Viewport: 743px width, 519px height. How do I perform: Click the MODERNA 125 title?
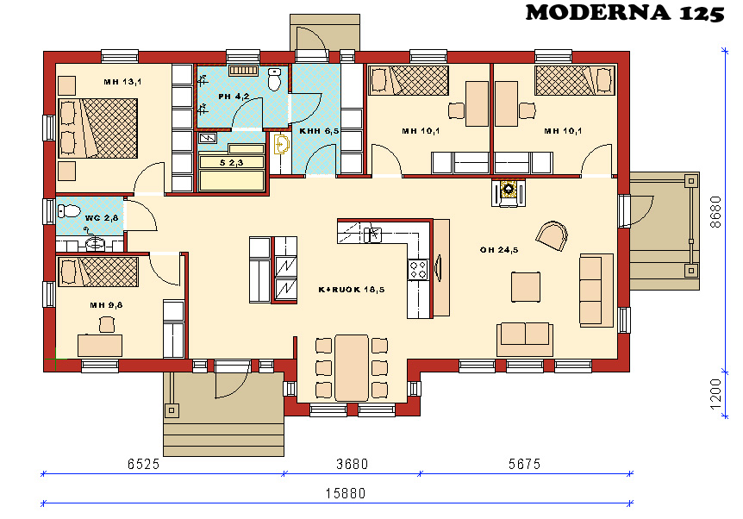[x=625, y=13]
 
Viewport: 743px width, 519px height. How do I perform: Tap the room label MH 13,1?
[x=122, y=82]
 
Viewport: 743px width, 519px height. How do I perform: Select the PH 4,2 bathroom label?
[x=234, y=97]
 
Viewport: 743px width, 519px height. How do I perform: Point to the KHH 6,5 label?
[x=319, y=131]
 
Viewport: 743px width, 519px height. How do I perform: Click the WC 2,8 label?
[x=102, y=218]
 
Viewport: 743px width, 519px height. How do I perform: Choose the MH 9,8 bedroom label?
[x=106, y=305]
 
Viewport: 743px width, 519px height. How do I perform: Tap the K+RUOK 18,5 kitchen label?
[x=352, y=290]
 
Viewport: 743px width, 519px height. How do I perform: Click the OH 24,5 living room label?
[x=499, y=250]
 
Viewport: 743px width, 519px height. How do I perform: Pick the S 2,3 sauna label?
[x=231, y=163]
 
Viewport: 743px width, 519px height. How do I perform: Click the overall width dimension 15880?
[x=346, y=494]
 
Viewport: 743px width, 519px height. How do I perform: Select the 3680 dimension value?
[x=352, y=464]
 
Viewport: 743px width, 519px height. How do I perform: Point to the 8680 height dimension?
[x=715, y=212]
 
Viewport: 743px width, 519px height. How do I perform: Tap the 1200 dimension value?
[x=715, y=394]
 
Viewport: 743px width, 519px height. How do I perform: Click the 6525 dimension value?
[x=144, y=464]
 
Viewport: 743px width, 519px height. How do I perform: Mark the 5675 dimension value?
[x=525, y=464]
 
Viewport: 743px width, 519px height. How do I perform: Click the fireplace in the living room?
[x=509, y=192]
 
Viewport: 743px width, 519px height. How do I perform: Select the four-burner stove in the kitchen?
[x=418, y=270]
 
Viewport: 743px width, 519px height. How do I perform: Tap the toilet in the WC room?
[x=69, y=210]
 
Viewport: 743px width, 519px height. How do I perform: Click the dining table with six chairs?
[x=351, y=368]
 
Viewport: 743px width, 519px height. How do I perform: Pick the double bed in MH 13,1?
[x=98, y=128]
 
